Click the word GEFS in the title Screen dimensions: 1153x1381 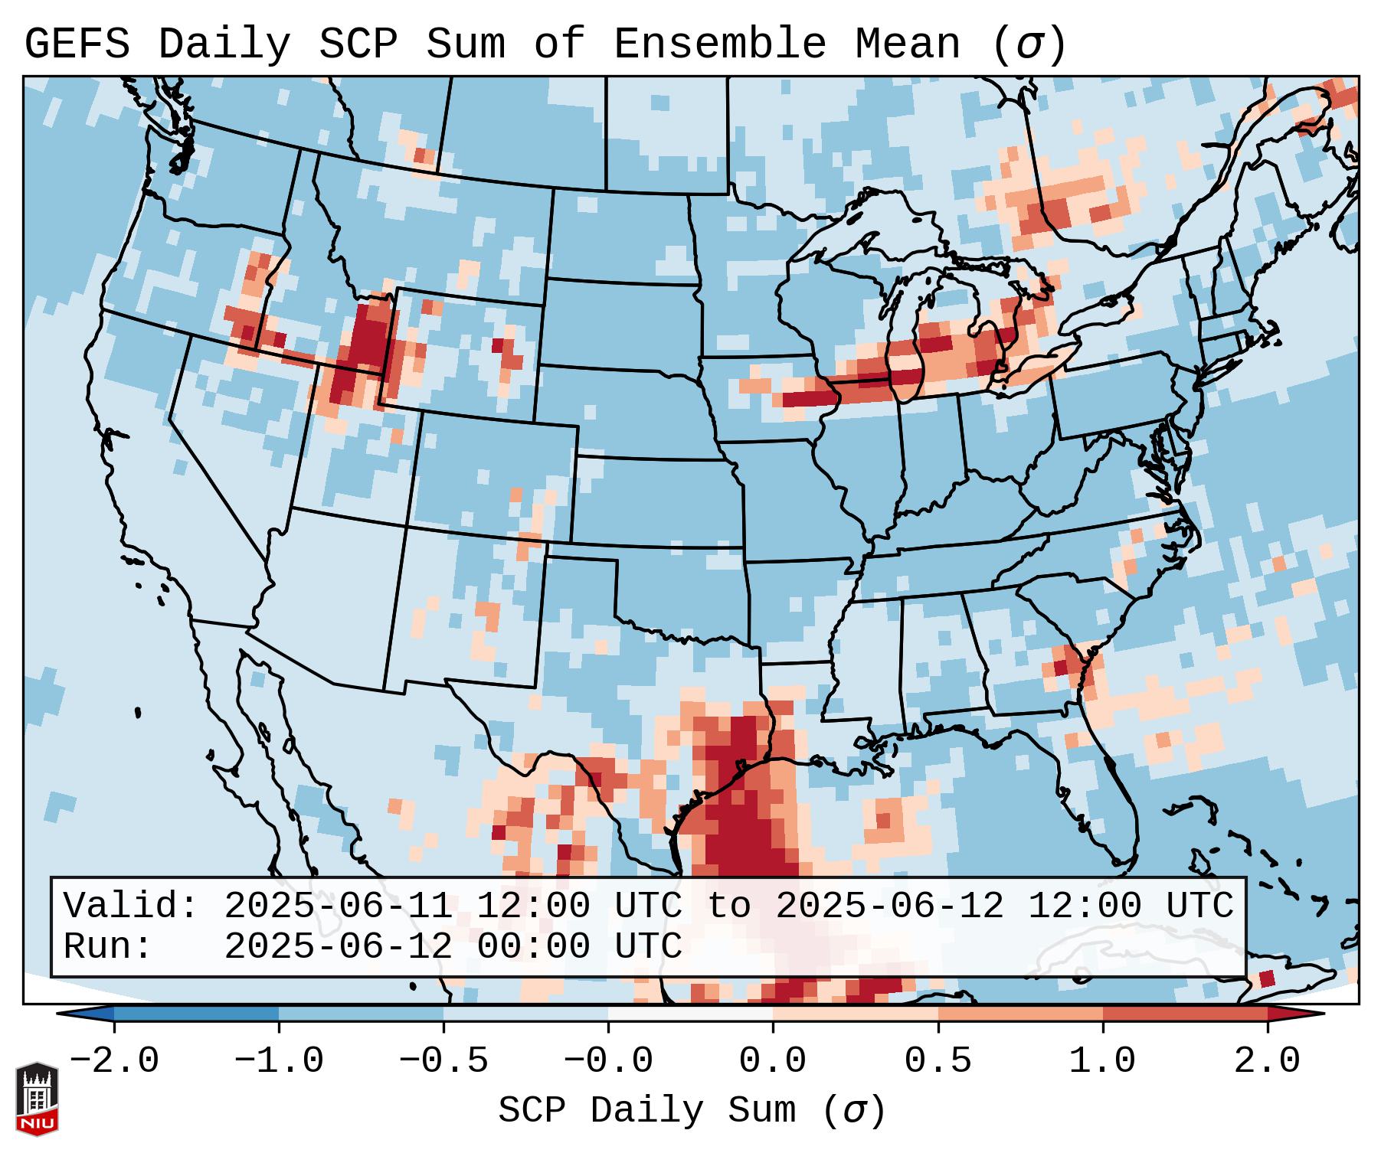(77, 44)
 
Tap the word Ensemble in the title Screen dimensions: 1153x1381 (719, 44)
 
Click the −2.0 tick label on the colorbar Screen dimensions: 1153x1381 (114, 1061)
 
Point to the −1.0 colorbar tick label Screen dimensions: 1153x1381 (279, 1061)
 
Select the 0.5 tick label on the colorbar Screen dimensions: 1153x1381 (938, 1061)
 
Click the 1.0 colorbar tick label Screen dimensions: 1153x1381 (1102, 1061)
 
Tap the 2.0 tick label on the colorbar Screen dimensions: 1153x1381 (1267, 1061)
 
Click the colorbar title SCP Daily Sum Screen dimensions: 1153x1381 (647, 1111)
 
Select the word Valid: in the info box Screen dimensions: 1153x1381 (130, 906)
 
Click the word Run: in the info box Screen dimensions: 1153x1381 (107, 947)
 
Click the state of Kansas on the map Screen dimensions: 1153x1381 (655, 501)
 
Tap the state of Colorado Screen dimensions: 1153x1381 (494, 471)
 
